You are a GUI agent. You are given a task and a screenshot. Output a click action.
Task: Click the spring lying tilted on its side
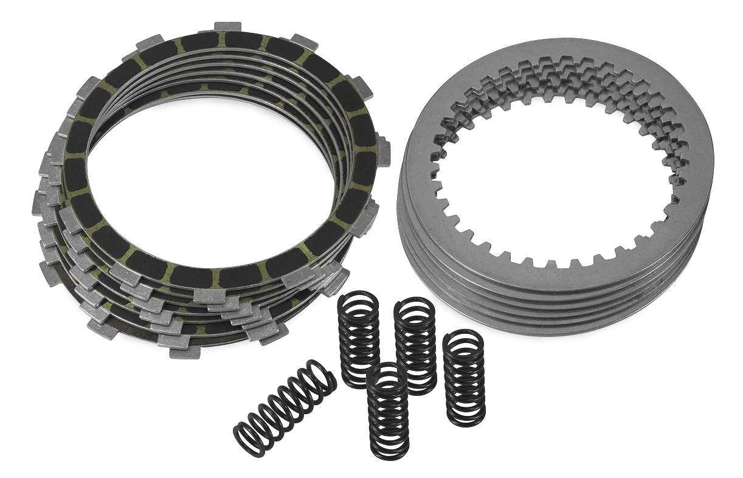(285, 407)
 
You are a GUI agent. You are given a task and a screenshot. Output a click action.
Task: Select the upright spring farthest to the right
(464, 378)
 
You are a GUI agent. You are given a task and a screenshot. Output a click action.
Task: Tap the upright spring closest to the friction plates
(359, 338)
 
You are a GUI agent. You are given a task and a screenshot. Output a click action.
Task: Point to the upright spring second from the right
(415, 345)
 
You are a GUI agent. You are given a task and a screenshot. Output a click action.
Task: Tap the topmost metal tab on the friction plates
(228, 27)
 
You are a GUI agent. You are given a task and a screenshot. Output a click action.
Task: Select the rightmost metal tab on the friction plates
(383, 150)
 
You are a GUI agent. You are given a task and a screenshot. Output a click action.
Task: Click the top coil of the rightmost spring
(464, 336)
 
